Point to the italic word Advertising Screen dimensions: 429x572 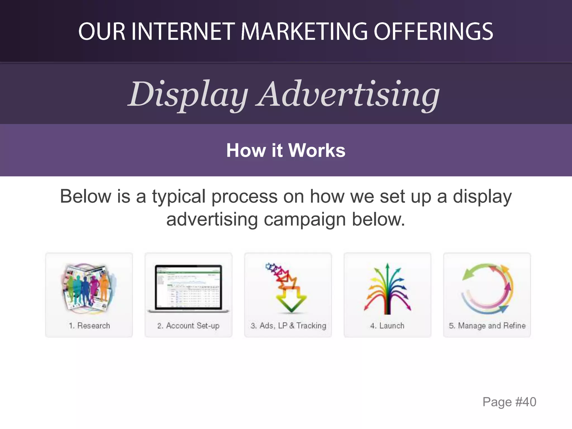click(x=348, y=94)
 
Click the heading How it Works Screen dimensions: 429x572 click(x=286, y=150)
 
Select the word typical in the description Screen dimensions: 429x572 click(x=179, y=197)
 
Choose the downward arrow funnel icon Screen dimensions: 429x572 click(x=288, y=288)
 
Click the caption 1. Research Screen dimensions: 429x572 click(x=89, y=326)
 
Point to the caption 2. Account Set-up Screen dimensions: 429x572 click(x=188, y=326)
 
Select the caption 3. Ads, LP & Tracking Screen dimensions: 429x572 click(x=288, y=326)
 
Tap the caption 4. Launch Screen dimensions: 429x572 click(x=387, y=326)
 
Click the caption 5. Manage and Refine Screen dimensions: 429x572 click(x=487, y=326)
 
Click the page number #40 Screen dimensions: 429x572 click(x=526, y=402)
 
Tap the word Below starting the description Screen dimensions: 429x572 click(x=85, y=197)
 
